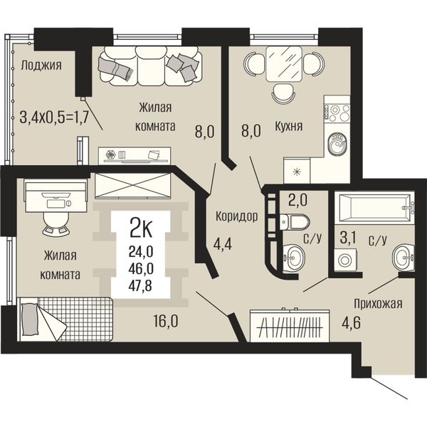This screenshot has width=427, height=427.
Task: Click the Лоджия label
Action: pos(41,66)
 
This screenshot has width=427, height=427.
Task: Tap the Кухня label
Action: pos(289,127)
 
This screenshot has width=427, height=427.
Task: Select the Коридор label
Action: pos(237,217)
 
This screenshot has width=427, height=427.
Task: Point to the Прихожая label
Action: pos(378,304)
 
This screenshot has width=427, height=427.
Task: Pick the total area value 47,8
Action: pos(140,285)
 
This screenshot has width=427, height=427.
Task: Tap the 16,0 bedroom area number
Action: pos(166,322)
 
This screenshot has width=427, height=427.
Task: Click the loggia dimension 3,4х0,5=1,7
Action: pos(54,117)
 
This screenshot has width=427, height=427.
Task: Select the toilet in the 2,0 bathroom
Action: pos(295,221)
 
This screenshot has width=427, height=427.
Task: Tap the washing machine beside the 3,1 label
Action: pos(344,260)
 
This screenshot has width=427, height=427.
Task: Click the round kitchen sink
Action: pos(337,144)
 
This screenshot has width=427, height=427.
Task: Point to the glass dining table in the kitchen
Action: pos(284,64)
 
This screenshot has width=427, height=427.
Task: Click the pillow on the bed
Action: pos(29,320)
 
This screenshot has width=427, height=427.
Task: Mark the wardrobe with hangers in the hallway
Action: pos(290,325)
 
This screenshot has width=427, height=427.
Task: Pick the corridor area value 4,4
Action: pos(223,243)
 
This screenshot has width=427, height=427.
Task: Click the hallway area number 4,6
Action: pos(352,323)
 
